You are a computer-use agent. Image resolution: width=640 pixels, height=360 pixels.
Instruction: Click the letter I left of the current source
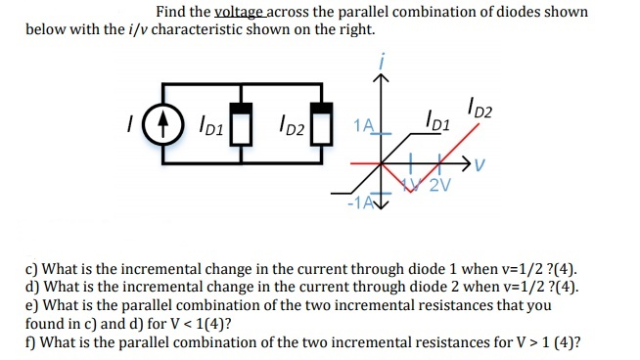(128, 126)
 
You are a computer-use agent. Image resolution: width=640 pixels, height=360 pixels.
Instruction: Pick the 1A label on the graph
(363, 125)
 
